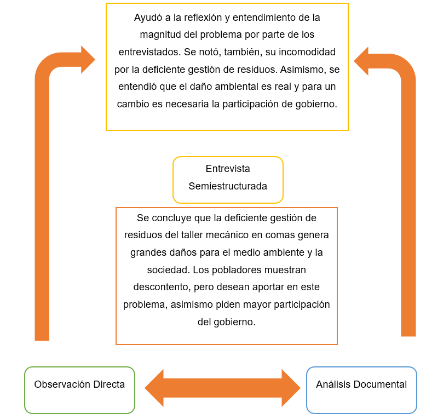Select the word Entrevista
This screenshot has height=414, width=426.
(x=228, y=169)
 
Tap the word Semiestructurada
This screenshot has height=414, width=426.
(x=228, y=186)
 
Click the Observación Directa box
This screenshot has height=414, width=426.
(x=79, y=389)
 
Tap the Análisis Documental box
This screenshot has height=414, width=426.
(x=361, y=389)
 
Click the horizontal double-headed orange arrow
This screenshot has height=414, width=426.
(x=222, y=388)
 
